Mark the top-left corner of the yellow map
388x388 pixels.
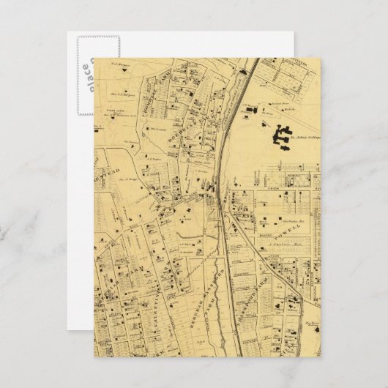(x=94, y=58)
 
